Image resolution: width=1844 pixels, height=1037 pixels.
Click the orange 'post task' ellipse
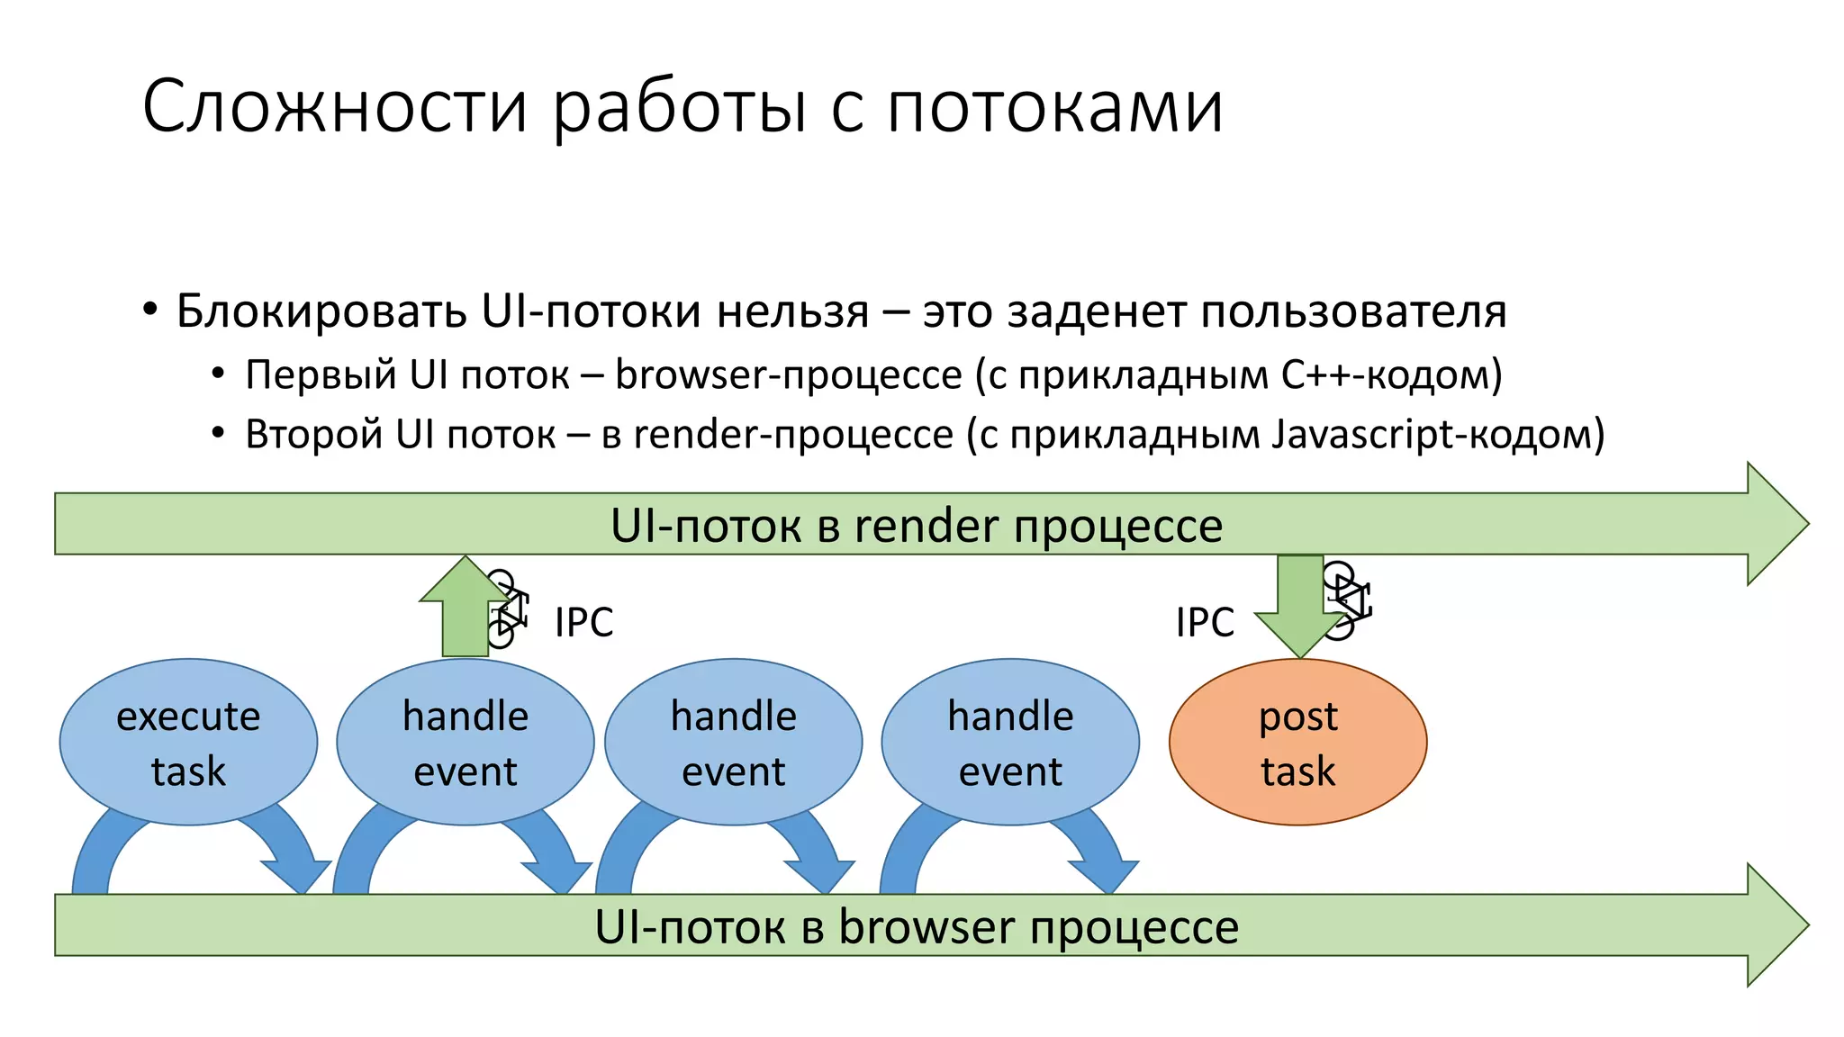point(1297,743)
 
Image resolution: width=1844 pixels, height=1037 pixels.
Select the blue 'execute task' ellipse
point(188,743)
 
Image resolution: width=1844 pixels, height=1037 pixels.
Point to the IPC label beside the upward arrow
point(583,622)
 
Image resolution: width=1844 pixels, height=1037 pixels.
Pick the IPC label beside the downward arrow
point(1205,622)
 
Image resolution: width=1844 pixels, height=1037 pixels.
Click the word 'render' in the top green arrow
point(925,526)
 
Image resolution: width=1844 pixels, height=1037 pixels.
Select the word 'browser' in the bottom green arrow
point(927,927)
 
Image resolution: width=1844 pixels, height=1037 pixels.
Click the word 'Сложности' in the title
point(334,106)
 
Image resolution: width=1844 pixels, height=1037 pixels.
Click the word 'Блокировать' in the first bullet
point(321,311)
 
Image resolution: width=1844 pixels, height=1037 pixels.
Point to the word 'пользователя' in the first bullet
point(1353,311)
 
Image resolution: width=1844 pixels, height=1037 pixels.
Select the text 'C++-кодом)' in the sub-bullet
point(1391,374)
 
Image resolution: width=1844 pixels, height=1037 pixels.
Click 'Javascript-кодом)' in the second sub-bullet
point(1438,434)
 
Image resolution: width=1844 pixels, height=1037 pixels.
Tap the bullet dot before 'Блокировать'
point(150,311)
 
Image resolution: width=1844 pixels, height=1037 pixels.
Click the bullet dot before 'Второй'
point(218,433)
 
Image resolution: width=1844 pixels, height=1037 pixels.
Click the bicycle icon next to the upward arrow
point(506,609)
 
